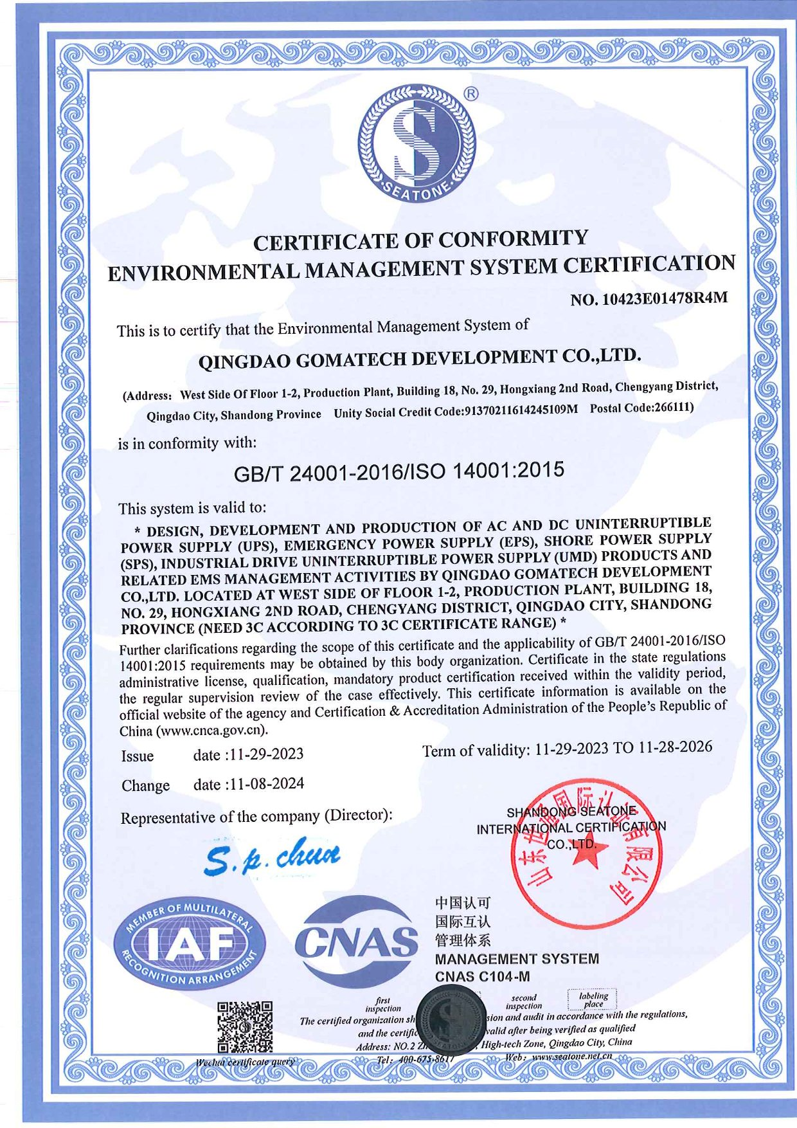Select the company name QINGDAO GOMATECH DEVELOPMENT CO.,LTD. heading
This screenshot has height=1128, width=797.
(x=419, y=358)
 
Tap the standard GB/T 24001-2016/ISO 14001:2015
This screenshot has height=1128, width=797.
(x=398, y=471)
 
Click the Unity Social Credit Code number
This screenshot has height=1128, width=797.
(x=521, y=410)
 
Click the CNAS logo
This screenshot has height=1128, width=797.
(x=356, y=942)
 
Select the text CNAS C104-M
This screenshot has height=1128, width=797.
(x=482, y=977)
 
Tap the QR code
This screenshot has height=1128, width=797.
(x=244, y=1026)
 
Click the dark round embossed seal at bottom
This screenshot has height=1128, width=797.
(x=450, y=1023)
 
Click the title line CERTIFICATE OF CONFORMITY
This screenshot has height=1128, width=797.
(x=420, y=241)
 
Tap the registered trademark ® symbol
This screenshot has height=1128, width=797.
(x=470, y=94)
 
